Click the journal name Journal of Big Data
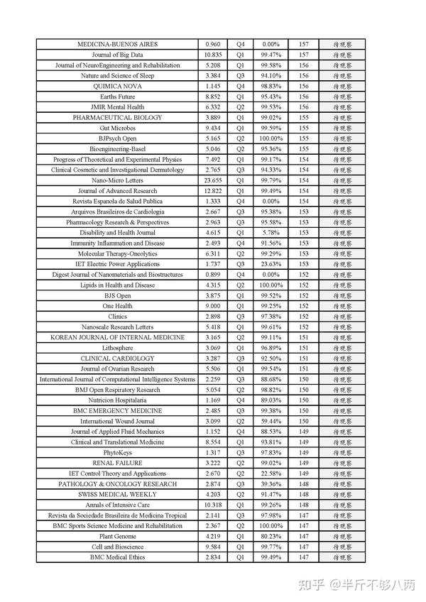pos(117,55)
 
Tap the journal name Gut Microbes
pos(117,128)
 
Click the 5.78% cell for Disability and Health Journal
pos(271,233)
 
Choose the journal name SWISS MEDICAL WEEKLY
pos(117,494)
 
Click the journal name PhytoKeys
pos(117,452)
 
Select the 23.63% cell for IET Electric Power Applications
pos(271,264)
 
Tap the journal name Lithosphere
pos(117,348)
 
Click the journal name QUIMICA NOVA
pos(117,86)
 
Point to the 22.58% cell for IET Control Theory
pos(271,474)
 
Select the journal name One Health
pos(117,306)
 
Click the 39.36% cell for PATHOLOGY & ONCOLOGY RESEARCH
pos(271,483)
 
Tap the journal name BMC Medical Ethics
pos(117,557)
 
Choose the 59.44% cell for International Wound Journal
pos(271,421)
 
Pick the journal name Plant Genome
pos(117,536)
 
